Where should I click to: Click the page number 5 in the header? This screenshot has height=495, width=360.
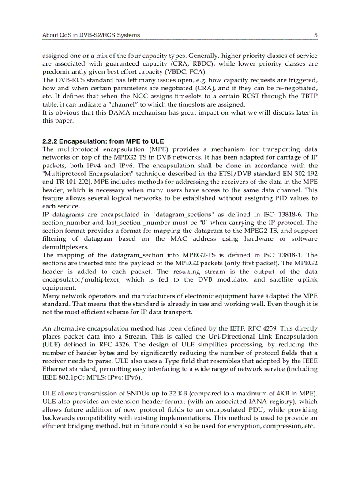point(315,35)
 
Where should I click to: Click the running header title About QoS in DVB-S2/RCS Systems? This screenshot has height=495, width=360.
point(91,35)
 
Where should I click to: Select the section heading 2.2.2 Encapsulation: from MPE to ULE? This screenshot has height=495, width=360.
point(103,141)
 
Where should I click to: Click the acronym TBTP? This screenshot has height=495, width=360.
point(308,97)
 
